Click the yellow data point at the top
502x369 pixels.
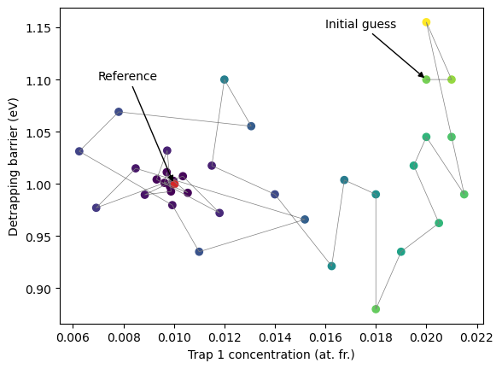click(426, 22)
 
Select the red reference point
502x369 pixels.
click(174, 184)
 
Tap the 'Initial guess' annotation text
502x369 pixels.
click(360, 24)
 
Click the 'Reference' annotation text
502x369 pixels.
click(127, 76)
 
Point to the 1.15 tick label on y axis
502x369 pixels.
click(38, 28)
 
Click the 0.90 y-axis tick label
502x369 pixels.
click(38, 289)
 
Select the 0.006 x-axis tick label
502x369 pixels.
click(73, 337)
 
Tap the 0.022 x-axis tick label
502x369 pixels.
click(476, 337)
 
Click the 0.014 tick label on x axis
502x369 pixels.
click(275, 337)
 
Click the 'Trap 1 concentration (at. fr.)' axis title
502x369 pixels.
click(271, 355)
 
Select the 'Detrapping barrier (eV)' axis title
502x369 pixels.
click(14, 167)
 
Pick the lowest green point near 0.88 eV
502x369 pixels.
click(376, 309)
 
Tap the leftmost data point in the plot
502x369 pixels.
click(79, 151)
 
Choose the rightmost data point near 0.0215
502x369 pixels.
click(464, 194)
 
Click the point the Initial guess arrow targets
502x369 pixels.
click(426, 79)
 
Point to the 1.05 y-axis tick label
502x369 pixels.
click(38, 132)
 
